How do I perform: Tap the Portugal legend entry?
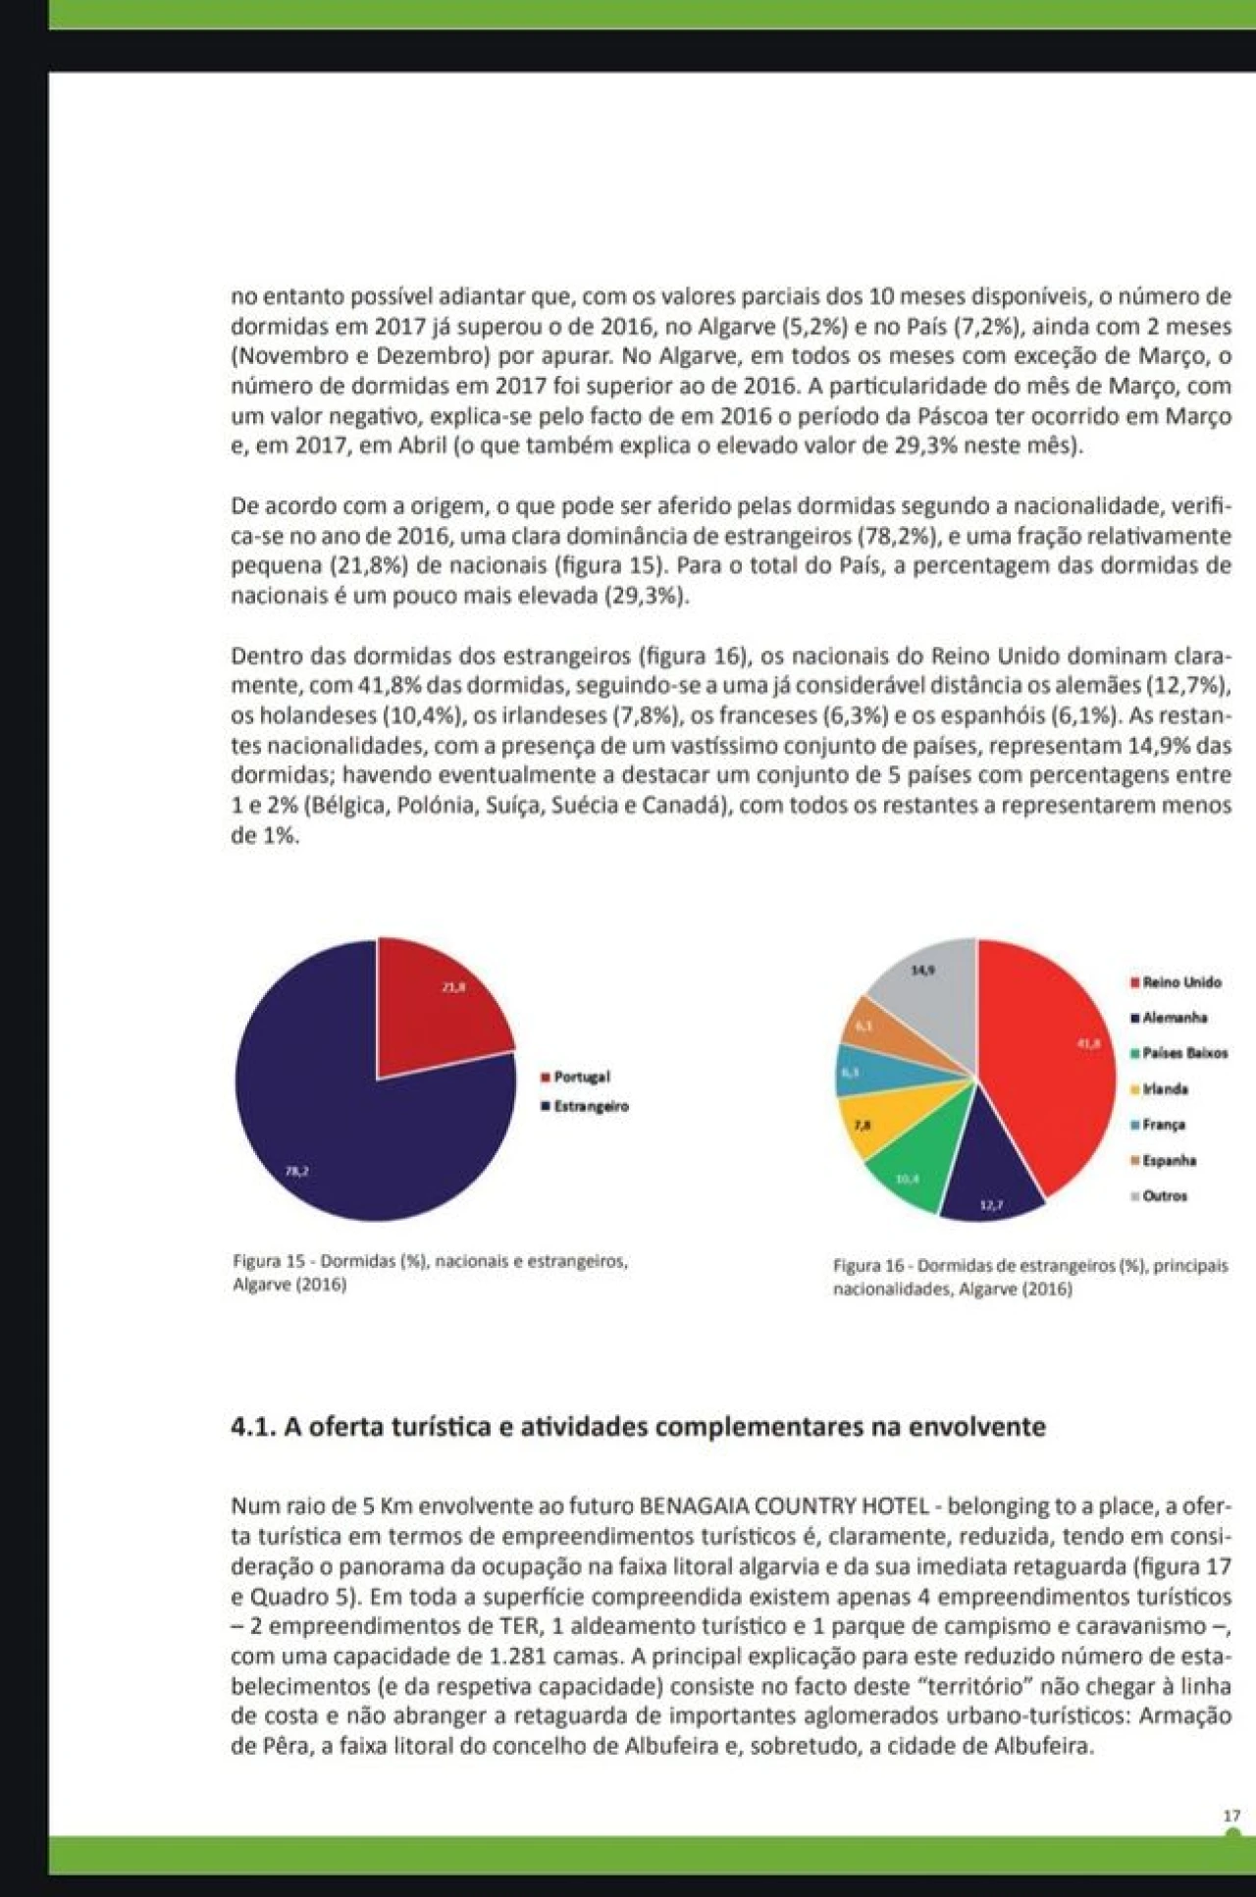click(581, 1077)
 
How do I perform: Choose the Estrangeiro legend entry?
click(590, 1106)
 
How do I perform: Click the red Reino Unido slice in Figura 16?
click(1050, 1060)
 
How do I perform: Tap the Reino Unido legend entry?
click(1181, 982)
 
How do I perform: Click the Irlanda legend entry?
click(1165, 1089)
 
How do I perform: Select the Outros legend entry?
click(1165, 1196)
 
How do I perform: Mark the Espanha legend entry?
click(1169, 1161)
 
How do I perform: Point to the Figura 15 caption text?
click(430, 1272)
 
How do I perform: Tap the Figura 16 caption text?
click(1029, 1277)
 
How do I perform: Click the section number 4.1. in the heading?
click(253, 1427)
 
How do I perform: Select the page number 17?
click(1231, 1817)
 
